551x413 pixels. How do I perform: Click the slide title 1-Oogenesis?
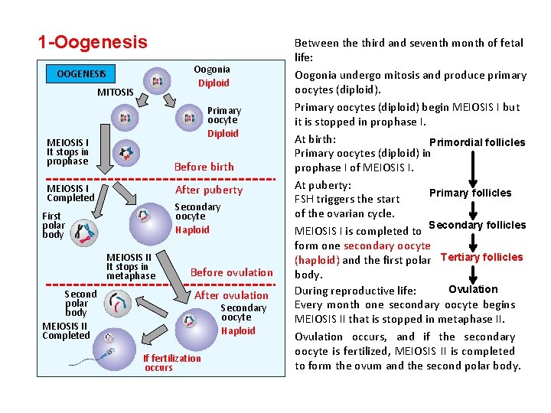click(93, 42)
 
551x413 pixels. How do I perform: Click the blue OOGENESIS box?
click(81, 74)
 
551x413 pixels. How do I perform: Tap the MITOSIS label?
click(116, 93)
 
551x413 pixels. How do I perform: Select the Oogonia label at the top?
click(212, 70)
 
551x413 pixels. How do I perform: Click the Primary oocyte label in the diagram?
click(223, 115)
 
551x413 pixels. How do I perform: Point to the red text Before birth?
click(204, 167)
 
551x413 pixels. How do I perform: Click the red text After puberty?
click(209, 190)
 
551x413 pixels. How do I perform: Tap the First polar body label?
click(54, 226)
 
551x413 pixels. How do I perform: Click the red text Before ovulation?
click(231, 272)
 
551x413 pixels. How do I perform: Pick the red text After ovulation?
click(232, 295)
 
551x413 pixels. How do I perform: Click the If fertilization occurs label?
click(171, 363)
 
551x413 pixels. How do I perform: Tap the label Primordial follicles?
click(478, 142)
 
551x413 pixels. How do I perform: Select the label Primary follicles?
click(471, 193)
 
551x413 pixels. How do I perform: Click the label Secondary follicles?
click(477, 225)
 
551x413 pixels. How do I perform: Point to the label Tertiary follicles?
click(482, 257)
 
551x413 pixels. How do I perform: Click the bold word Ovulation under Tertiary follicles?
click(473, 289)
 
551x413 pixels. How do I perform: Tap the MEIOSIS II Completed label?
click(66, 330)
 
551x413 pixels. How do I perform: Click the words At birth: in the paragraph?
click(315, 139)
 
